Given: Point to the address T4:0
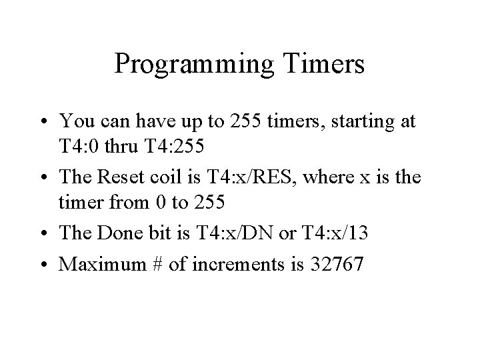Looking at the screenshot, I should [x=79, y=145].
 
